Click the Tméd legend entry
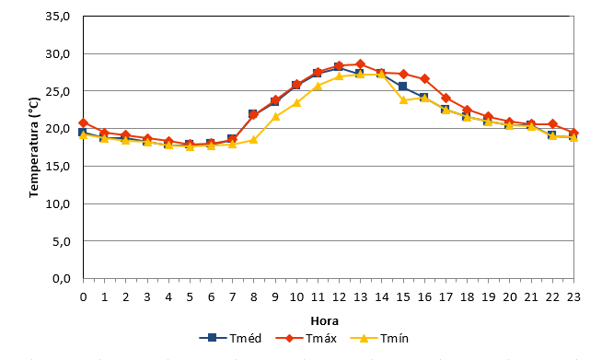click(x=230, y=338)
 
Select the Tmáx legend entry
click(x=307, y=338)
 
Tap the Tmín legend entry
click(x=379, y=338)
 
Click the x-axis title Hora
click(x=324, y=320)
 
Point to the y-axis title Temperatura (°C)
click(x=34, y=147)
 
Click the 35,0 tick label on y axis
click(x=58, y=17)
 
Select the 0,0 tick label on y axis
click(x=61, y=279)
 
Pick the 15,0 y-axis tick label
click(x=58, y=166)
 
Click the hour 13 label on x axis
click(x=360, y=297)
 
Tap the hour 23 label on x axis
click(x=573, y=297)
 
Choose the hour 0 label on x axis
click(x=84, y=297)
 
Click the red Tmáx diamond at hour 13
click(x=360, y=64)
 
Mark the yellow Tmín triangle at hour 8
click(x=253, y=139)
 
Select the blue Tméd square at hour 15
click(x=403, y=86)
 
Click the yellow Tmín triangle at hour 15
click(x=403, y=99)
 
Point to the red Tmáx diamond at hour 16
click(x=424, y=79)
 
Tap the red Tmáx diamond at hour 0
click(x=84, y=123)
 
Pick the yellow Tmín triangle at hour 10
click(x=296, y=102)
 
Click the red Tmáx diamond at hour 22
click(x=552, y=123)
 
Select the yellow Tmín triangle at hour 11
click(x=318, y=86)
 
